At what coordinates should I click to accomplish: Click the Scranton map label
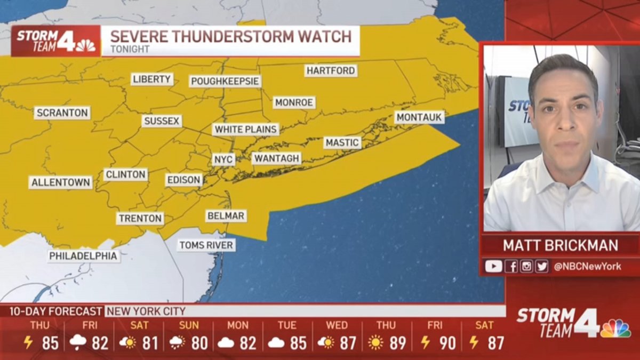click(x=62, y=113)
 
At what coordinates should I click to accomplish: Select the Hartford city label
click(x=331, y=70)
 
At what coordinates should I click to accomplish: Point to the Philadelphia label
click(x=84, y=256)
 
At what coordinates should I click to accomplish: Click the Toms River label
click(x=206, y=245)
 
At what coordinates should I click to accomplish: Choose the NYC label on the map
click(x=223, y=159)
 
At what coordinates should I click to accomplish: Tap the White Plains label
click(x=246, y=130)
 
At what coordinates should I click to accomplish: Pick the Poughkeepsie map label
click(x=225, y=82)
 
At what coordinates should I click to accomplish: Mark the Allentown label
click(x=61, y=182)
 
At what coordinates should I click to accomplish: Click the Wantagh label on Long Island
click(x=277, y=158)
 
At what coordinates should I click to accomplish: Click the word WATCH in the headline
click(x=325, y=36)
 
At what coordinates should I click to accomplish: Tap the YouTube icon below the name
click(x=493, y=266)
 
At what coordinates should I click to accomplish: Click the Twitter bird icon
click(x=542, y=266)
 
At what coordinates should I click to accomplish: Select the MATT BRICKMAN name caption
click(x=561, y=245)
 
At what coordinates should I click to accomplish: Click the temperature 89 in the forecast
click(x=397, y=343)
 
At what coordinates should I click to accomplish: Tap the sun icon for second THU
click(x=375, y=343)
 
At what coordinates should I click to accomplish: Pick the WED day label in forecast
click(x=337, y=325)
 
